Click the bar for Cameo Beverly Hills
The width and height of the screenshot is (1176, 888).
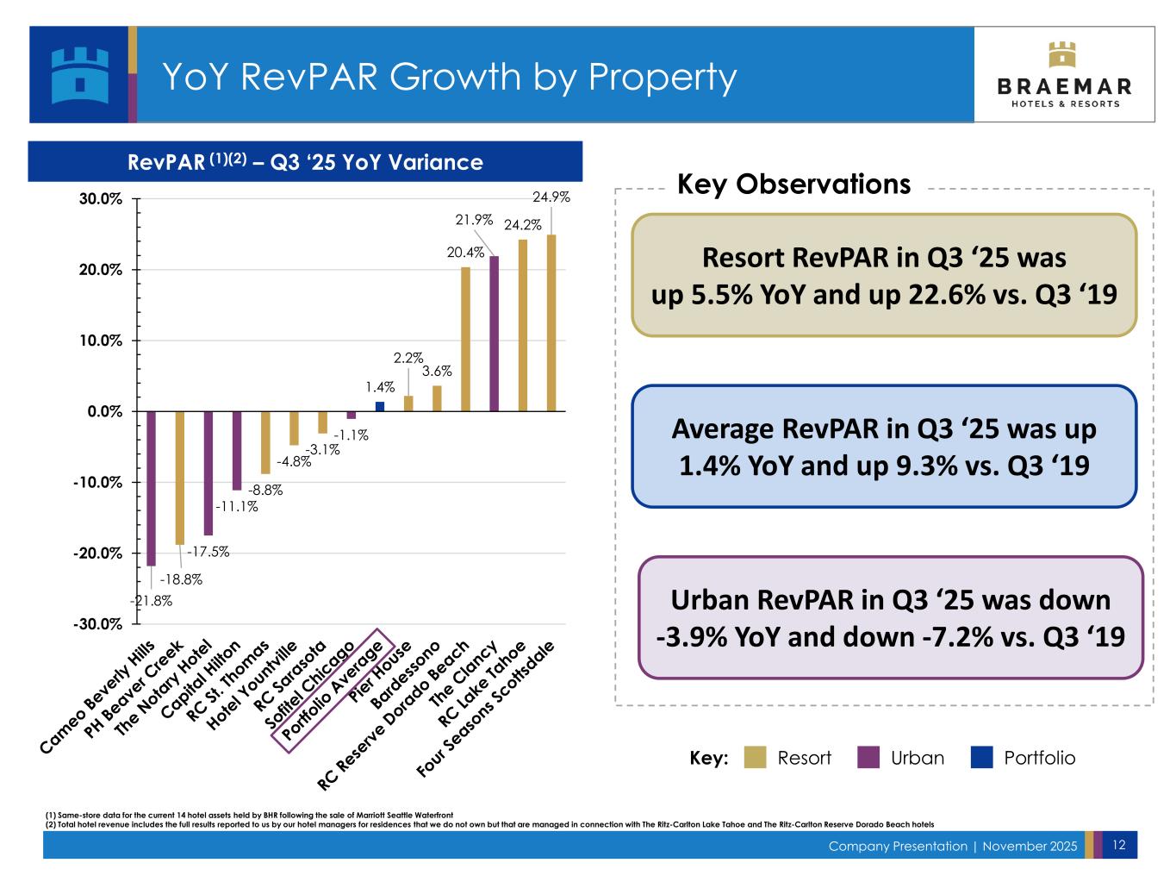pyautogui.click(x=151, y=488)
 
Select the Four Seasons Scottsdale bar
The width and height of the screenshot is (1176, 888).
pyautogui.click(x=551, y=323)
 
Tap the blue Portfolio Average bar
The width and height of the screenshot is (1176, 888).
pyautogui.click(x=380, y=406)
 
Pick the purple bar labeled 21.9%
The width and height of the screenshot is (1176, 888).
pyautogui.click(x=495, y=334)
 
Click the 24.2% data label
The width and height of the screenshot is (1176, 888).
pyautogui.click(x=522, y=225)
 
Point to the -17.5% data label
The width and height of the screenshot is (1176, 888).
pyautogui.click(x=208, y=552)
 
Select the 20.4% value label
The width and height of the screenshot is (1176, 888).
pyautogui.click(x=465, y=253)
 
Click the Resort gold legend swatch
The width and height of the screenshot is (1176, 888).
pyautogui.click(x=755, y=758)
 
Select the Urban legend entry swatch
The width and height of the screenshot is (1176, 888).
pyautogui.click(x=868, y=758)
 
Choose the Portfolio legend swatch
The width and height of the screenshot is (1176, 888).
pyautogui.click(x=981, y=758)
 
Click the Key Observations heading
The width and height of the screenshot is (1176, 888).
pyautogui.click(x=793, y=184)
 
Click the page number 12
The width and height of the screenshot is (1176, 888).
pyautogui.click(x=1119, y=846)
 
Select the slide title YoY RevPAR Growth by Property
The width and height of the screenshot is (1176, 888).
pyautogui.click(x=449, y=77)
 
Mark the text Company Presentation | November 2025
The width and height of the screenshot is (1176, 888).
pyautogui.click(x=952, y=847)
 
